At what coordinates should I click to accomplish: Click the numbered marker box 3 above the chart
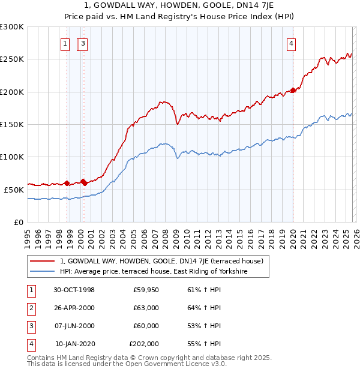(x=83, y=43)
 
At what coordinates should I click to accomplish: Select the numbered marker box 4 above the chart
(x=290, y=43)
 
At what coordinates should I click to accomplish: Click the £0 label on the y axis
(x=19, y=222)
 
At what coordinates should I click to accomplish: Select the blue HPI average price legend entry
(x=154, y=272)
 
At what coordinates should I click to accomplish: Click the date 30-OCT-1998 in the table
(x=74, y=290)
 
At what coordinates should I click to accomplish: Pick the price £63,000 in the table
(x=146, y=308)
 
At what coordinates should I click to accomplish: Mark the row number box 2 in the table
(x=30, y=308)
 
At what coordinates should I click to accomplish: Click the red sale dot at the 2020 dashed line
(x=293, y=91)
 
